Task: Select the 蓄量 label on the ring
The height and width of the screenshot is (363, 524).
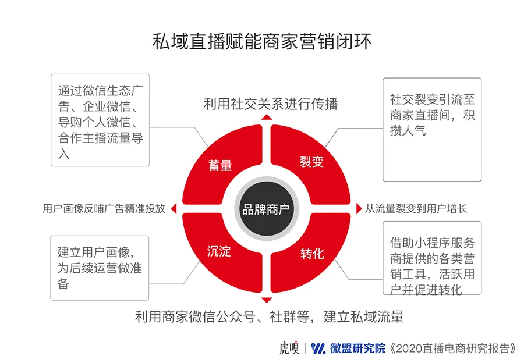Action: [x=220, y=165]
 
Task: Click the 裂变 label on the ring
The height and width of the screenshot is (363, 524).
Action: [x=311, y=162]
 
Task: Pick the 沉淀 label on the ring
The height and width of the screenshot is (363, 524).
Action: [x=219, y=252]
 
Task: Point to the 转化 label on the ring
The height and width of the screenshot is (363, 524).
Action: [x=312, y=254]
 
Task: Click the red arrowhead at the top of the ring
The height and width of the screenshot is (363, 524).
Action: [x=267, y=117]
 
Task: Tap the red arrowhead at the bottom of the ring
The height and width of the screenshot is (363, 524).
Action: [x=267, y=300]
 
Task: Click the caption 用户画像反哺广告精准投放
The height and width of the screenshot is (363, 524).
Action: [x=104, y=209]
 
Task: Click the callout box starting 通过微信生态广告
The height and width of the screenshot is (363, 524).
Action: [x=100, y=120]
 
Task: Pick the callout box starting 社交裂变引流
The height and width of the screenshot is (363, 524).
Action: [x=431, y=129]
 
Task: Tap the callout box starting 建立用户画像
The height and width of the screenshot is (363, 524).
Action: [x=100, y=268]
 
